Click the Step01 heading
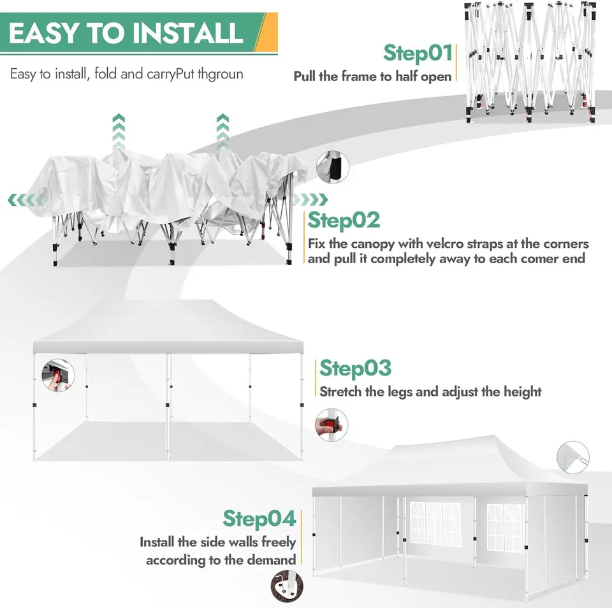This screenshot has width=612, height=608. (418, 54)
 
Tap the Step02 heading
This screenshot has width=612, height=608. (344, 221)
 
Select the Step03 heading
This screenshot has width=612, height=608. (355, 369)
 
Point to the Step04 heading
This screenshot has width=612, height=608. (259, 519)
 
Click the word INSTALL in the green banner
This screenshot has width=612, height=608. (187, 33)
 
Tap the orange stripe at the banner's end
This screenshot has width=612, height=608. (267, 32)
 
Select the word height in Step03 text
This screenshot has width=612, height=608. (522, 392)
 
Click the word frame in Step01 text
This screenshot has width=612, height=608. (359, 76)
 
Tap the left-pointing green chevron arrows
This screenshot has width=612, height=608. (25, 200)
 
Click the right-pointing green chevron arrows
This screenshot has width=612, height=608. (310, 199)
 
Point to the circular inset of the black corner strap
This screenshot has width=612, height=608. (333, 167)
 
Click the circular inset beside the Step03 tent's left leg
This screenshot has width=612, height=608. (58, 375)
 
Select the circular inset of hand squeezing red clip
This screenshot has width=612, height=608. (331, 425)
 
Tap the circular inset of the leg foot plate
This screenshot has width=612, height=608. (287, 586)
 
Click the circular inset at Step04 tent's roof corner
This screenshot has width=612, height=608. (573, 458)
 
